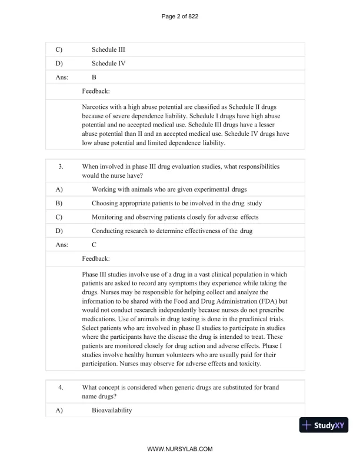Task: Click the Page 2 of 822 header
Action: [179, 16]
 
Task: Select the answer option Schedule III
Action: [108, 49]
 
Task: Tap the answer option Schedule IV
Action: [108, 63]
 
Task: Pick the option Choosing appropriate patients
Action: [176, 203]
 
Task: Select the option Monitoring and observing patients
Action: [175, 217]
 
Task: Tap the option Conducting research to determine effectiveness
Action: [172, 231]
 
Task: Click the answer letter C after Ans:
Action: [95, 245]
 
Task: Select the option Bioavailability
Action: [112, 410]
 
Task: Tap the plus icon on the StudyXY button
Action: [306, 424]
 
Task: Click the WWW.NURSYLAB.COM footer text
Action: [179, 448]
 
